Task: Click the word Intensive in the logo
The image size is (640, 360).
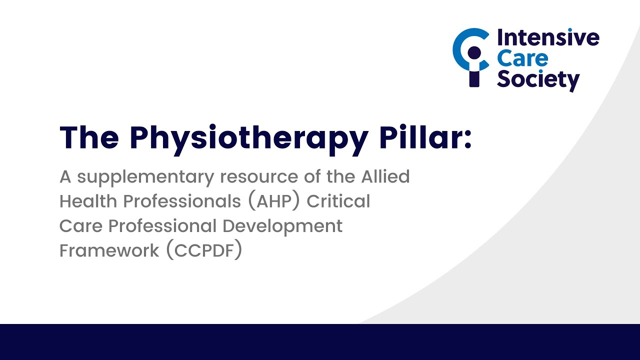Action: [x=547, y=38]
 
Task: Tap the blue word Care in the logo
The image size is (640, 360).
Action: [x=522, y=58]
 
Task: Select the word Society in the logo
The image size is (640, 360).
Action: [x=538, y=79]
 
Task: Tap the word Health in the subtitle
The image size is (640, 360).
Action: [x=88, y=201]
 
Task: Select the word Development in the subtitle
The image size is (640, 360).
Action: [x=282, y=226]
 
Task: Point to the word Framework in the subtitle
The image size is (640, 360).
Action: [x=109, y=250]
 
